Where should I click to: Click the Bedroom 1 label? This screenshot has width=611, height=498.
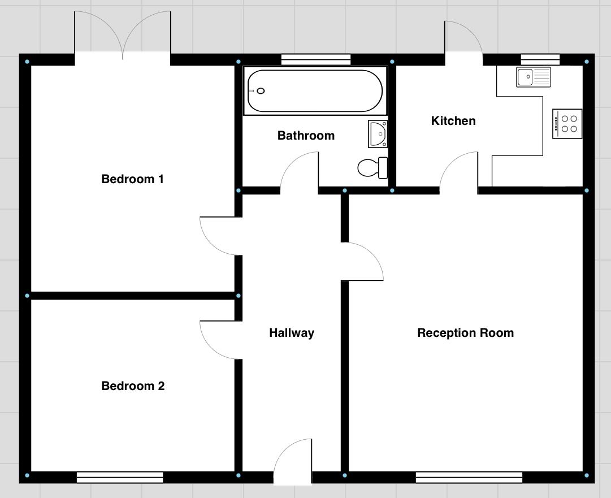click(132, 179)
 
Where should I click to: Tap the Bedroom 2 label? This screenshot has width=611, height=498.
click(133, 386)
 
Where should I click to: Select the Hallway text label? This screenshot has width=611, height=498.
click(291, 333)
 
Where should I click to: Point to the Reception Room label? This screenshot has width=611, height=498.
click(465, 333)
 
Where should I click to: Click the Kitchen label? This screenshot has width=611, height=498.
click(453, 121)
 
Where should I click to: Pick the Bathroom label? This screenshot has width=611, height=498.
click(306, 136)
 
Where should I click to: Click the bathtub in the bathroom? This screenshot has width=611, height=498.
click(315, 91)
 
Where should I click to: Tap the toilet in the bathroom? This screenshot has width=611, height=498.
click(374, 167)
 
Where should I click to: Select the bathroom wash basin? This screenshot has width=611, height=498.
click(378, 134)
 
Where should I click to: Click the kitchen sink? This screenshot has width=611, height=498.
click(533, 77)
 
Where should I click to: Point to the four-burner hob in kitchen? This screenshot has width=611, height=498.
click(567, 124)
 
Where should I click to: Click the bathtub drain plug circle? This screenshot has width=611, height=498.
click(261, 91)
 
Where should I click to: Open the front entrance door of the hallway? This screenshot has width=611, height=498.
click(293, 461)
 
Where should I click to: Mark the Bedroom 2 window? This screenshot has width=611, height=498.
click(120, 478)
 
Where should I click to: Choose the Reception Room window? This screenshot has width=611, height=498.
click(469, 478)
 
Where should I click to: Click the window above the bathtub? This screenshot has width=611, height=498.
click(315, 59)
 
